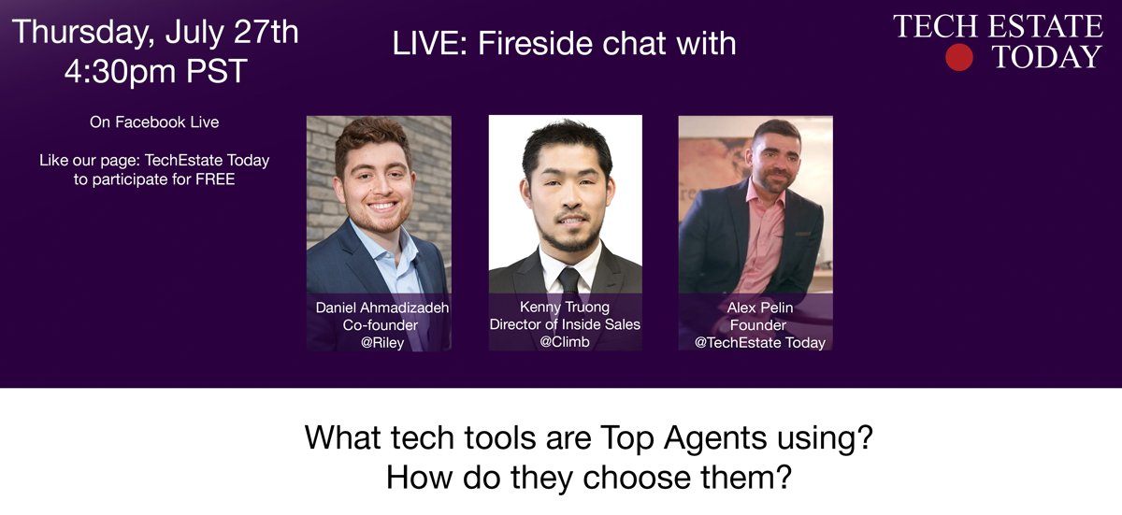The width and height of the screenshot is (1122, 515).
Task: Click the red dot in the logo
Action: [x=959, y=58]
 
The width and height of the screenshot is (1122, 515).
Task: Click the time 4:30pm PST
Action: [x=155, y=72]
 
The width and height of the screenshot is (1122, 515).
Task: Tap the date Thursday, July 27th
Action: [x=155, y=32]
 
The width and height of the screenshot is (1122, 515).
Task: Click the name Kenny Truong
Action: [x=565, y=307]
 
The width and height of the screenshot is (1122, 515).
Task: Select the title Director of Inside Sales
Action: [x=565, y=324]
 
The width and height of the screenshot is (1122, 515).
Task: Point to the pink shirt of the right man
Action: [x=759, y=243]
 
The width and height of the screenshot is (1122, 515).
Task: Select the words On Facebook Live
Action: [x=154, y=122]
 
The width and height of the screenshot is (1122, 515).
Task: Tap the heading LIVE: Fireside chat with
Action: [x=564, y=44]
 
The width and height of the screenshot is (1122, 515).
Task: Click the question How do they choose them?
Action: [x=588, y=478]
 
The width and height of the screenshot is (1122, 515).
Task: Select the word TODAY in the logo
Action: [x=1047, y=58]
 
